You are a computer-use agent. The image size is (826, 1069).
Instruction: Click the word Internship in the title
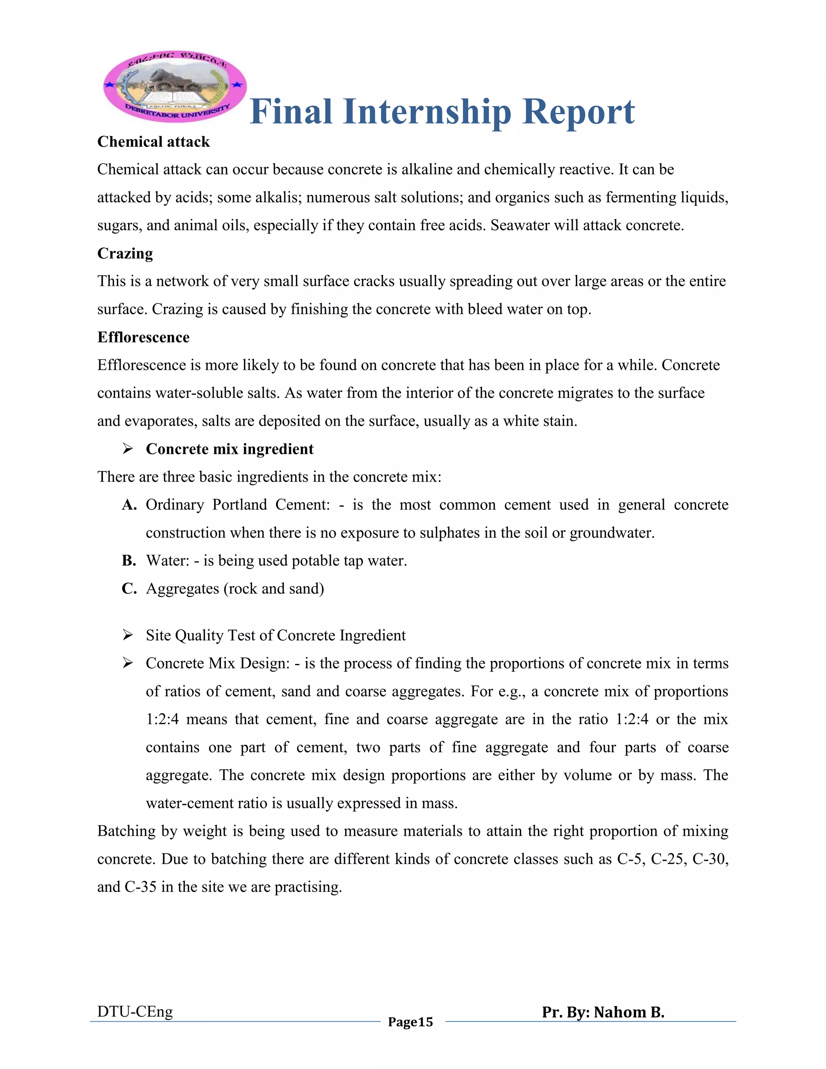click(427, 112)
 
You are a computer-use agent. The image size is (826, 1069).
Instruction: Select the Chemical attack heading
click(153, 142)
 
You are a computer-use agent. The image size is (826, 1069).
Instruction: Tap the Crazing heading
click(125, 254)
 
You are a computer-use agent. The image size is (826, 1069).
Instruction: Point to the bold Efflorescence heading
click(143, 337)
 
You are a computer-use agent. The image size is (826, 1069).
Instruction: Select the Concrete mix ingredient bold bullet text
click(229, 449)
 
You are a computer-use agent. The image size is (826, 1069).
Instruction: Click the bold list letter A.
click(128, 505)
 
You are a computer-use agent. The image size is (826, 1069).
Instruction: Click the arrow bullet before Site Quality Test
click(128, 635)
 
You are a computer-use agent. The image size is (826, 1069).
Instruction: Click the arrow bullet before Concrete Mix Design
click(128, 663)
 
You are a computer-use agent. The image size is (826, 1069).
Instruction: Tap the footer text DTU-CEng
click(135, 1011)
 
